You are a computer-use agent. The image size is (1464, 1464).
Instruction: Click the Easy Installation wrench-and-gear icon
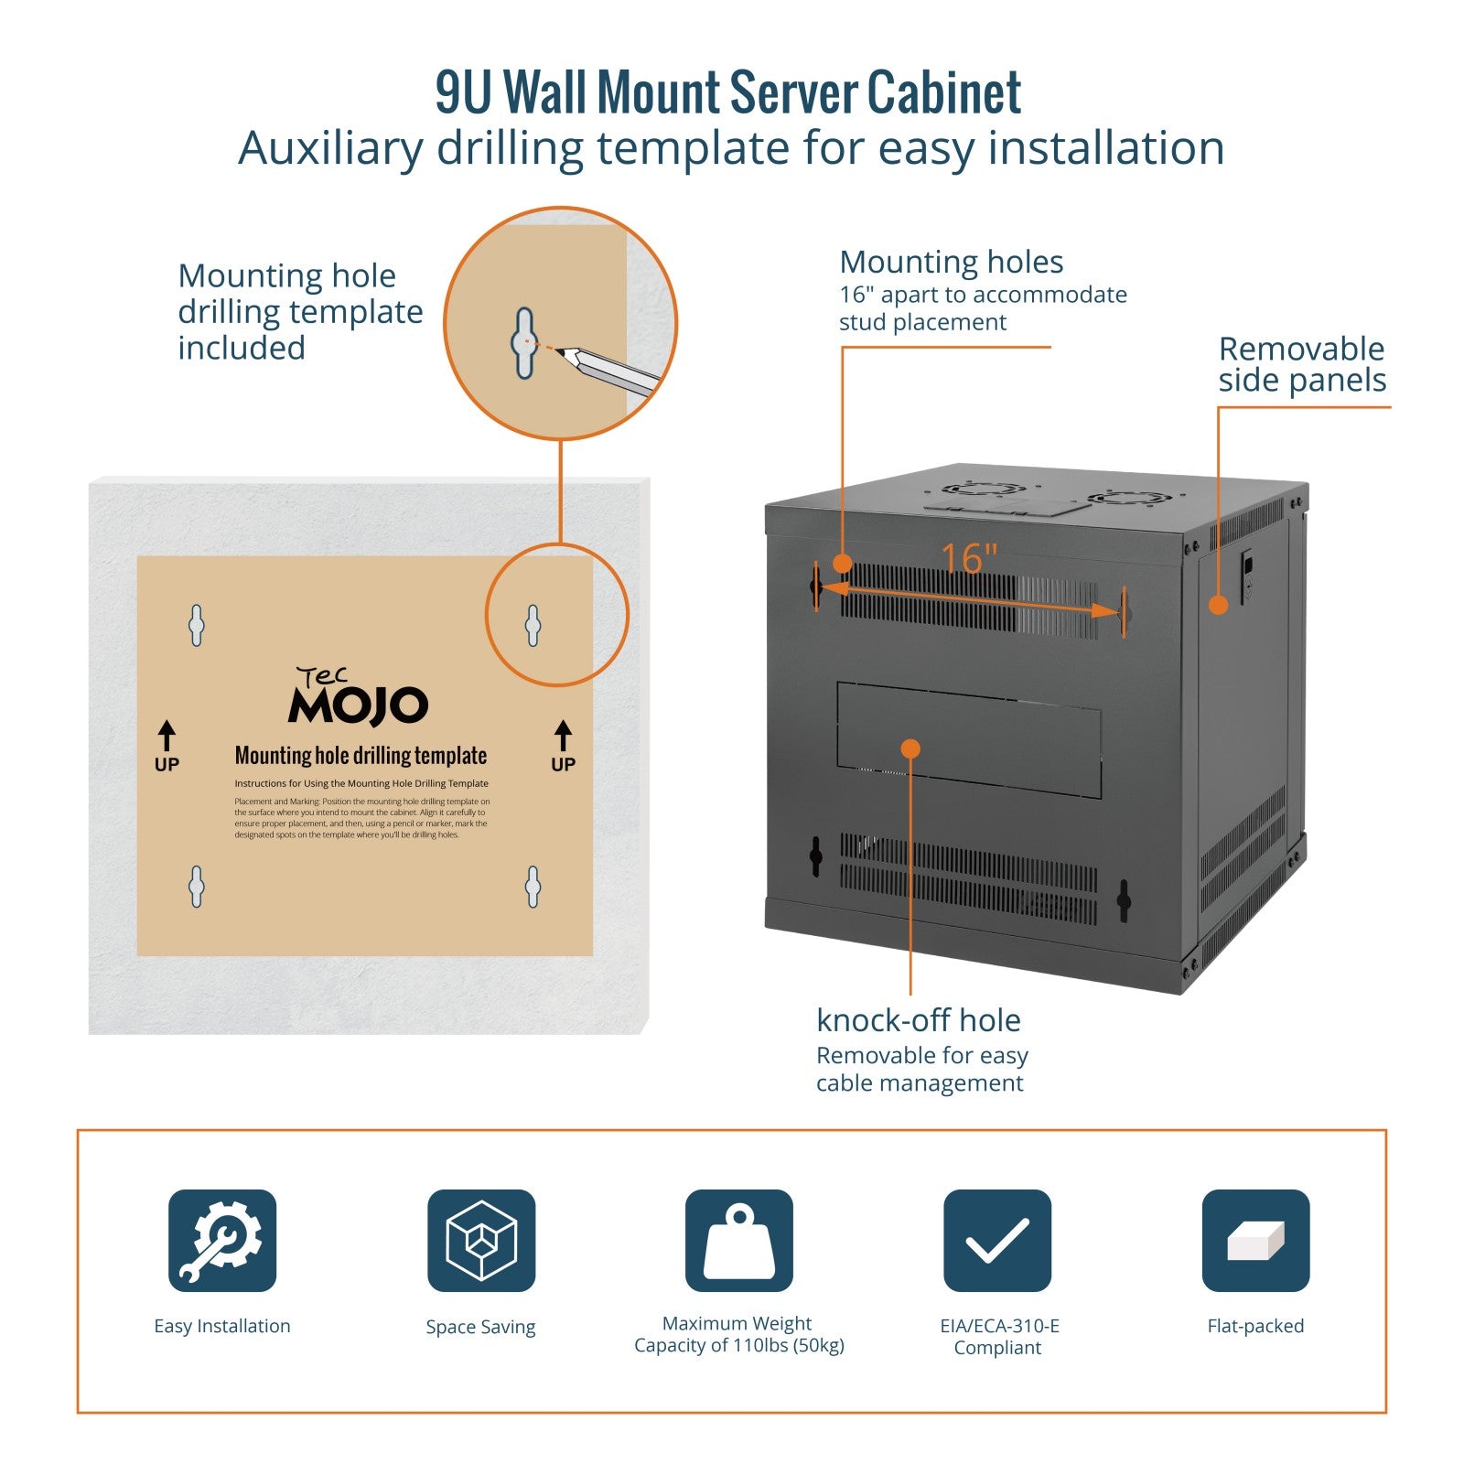click(222, 1241)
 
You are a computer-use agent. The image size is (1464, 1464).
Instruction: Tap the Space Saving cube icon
click(481, 1241)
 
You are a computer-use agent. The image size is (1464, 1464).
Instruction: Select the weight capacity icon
click(739, 1241)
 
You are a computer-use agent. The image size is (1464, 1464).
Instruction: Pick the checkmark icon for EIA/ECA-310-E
click(997, 1241)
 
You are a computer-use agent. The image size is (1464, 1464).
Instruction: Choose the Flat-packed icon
click(1255, 1241)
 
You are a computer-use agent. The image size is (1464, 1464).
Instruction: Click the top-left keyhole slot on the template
click(197, 626)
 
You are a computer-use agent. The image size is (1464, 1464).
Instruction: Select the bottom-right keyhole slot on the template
click(533, 887)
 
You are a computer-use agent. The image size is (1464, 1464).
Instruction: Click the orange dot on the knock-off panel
click(910, 748)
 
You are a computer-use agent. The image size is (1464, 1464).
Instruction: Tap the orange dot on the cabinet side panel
click(1218, 605)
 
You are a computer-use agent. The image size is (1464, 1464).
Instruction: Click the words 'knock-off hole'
click(918, 1020)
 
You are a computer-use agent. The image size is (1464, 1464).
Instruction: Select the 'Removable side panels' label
click(1302, 364)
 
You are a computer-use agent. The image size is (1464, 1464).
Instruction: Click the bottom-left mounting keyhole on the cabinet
click(815, 856)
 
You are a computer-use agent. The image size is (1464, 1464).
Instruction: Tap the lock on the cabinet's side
click(1247, 573)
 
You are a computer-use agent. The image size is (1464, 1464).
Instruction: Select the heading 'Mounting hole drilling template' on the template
click(361, 756)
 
